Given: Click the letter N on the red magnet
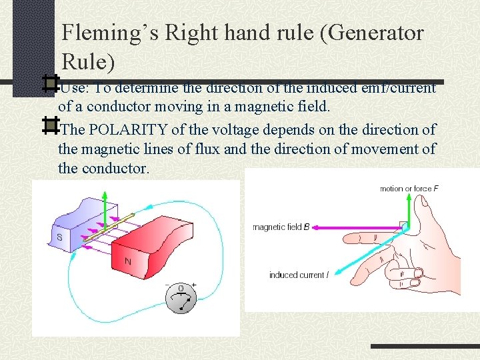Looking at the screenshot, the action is (128, 261).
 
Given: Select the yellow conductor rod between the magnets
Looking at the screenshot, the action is (107, 227).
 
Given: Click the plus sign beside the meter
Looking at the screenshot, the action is (194, 285).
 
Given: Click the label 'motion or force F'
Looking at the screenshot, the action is (409, 189).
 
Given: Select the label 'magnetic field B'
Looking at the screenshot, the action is (281, 227).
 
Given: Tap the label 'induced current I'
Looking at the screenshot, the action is (298, 275).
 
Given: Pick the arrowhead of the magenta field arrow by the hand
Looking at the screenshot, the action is (315, 227).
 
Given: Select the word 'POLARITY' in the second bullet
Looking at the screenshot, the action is (125, 129).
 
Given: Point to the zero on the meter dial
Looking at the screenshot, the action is (180, 288).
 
